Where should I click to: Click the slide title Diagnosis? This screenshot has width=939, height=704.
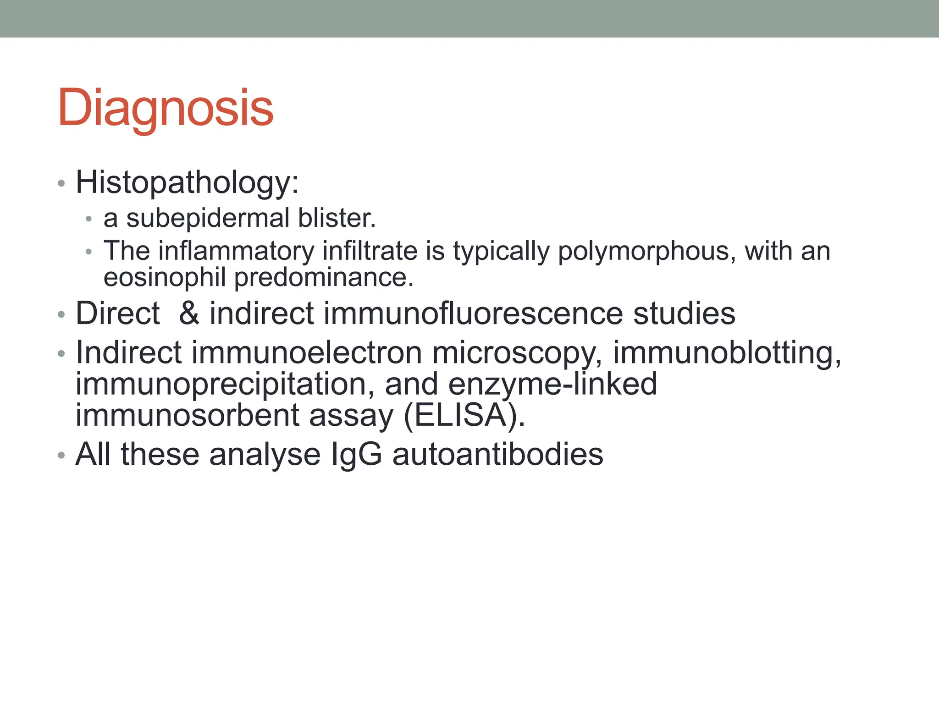tap(166, 108)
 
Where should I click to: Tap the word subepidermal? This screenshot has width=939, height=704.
tap(208, 218)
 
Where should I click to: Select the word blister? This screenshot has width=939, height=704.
tap(336, 218)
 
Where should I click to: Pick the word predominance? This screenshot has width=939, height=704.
tap(323, 278)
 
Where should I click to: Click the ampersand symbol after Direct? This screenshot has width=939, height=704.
tap(189, 313)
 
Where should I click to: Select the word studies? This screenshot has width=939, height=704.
tap(684, 313)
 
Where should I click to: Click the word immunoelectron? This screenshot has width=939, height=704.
tap(307, 353)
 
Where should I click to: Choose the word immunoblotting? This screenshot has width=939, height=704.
tap(727, 353)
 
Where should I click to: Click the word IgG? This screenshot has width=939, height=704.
tap(356, 455)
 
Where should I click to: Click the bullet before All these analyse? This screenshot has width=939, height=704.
tap(61, 456)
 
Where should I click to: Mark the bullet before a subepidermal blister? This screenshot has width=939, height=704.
tap(89, 219)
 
